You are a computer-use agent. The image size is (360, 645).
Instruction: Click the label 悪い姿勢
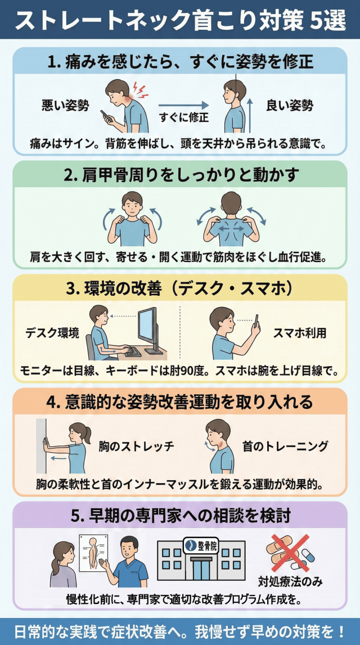(x=65, y=106)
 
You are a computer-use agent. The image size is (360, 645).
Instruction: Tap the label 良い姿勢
(x=290, y=106)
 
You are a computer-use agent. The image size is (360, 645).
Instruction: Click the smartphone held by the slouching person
(x=106, y=116)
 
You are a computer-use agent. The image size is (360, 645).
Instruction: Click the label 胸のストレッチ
(x=136, y=446)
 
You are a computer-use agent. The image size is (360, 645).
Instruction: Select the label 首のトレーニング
(x=285, y=446)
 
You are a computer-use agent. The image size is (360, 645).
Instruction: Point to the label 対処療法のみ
(x=290, y=581)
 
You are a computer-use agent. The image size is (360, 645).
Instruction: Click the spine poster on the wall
(x=94, y=553)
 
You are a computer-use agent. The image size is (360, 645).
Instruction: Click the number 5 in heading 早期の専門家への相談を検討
(x=74, y=516)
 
